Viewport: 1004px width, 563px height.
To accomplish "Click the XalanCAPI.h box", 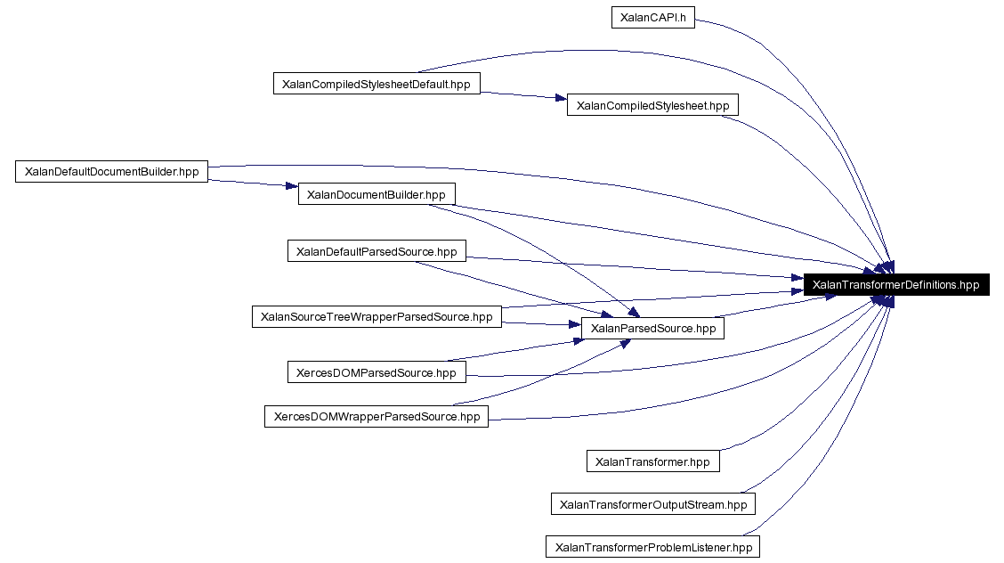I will pyautogui.click(x=652, y=18).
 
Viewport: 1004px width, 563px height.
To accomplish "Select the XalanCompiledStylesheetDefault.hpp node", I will pyautogui.click(x=376, y=85).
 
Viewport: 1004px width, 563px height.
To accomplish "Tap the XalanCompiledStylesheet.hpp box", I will pyautogui.click(x=652, y=105).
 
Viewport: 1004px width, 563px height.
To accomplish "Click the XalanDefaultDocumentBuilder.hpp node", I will pyautogui.click(x=111, y=172).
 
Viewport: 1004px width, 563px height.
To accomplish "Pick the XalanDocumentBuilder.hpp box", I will pyautogui.click(x=376, y=194).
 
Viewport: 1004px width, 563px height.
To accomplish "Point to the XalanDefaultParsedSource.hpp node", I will pyautogui.click(x=376, y=251).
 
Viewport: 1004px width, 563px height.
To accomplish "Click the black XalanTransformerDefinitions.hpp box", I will pyautogui.click(x=896, y=285).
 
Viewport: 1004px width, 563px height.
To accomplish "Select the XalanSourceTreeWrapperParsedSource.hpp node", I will pyautogui.click(x=376, y=316).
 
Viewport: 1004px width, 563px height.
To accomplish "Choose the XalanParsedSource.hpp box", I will pyautogui.click(x=652, y=328).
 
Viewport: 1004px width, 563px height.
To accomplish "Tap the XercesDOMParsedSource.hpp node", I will pyautogui.click(x=376, y=372).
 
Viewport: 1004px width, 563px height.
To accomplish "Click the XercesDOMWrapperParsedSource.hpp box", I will pyautogui.click(x=376, y=416).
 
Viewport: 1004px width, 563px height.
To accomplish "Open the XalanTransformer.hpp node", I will pyautogui.click(x=652, y=461).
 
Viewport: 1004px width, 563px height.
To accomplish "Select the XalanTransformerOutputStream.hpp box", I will pyautogui.click(x=652, y=504).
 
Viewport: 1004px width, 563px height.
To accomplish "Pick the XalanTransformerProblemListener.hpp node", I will pyautogui.click(x=652, y=547).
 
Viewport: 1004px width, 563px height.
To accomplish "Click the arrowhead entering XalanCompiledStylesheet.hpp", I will pyautogui.click(x=561, y=99).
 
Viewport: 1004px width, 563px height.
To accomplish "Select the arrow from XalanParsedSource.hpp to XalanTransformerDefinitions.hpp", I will pyautogui.click(x=774, y=308).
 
